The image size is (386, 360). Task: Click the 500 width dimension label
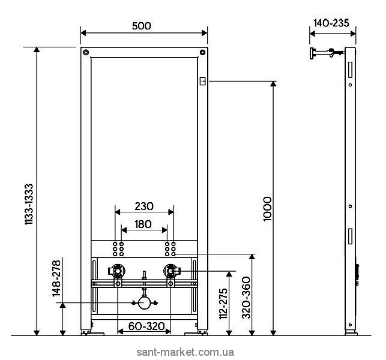[x=141, y=26]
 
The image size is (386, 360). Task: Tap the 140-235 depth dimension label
[x=331, y=23]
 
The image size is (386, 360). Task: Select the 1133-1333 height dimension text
[x=29, y=204]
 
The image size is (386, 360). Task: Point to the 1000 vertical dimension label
[x=267, y=209]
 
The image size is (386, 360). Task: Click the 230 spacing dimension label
[x=144, y=206]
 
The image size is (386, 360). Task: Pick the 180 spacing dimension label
[x=143, y=224]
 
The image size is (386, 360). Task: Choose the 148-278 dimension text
[x=56, y=278]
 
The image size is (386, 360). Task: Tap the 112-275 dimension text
[x=223, y=304]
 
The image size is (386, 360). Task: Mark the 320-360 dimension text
[x=246, y=297]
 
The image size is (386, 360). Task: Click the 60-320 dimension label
[x=146, y=326]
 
